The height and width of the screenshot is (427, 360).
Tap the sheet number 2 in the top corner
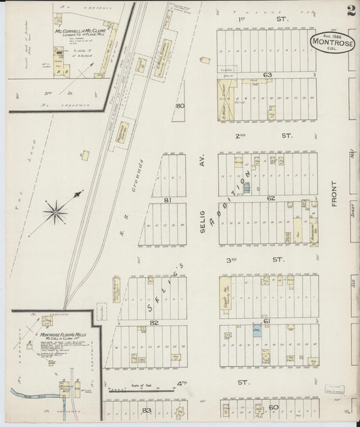(351, 11)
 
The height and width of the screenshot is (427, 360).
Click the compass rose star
(56, 214)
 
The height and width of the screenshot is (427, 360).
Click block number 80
(179, 106)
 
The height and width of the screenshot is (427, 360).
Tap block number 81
(166, 200)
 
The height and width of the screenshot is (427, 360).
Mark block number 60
(274, 407)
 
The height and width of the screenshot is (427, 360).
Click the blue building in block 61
(257, 331)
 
